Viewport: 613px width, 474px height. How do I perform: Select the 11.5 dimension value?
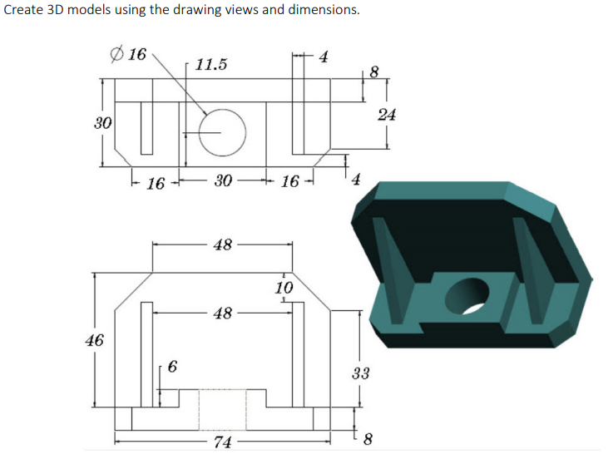[211, 64]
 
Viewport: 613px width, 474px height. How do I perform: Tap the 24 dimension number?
[386, 115]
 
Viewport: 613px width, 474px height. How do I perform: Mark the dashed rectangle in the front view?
[222, 409]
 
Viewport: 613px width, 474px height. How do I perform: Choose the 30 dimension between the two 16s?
[222, 181]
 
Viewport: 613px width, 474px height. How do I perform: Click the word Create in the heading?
[24, 11]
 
